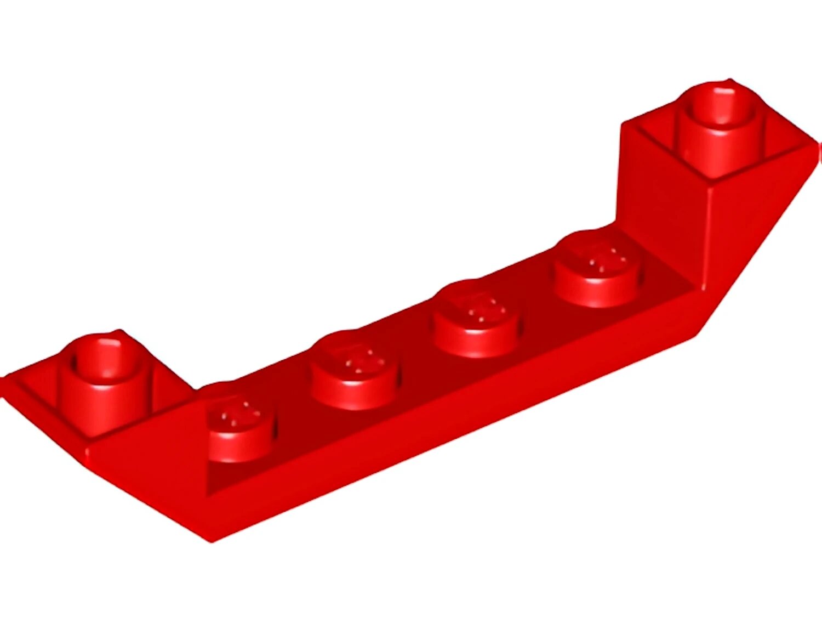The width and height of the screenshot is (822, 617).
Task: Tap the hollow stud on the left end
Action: pos(104,384)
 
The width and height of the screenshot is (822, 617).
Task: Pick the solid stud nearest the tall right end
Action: pos(597,269)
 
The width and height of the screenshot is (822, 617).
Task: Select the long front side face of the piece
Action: pos(438,433)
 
